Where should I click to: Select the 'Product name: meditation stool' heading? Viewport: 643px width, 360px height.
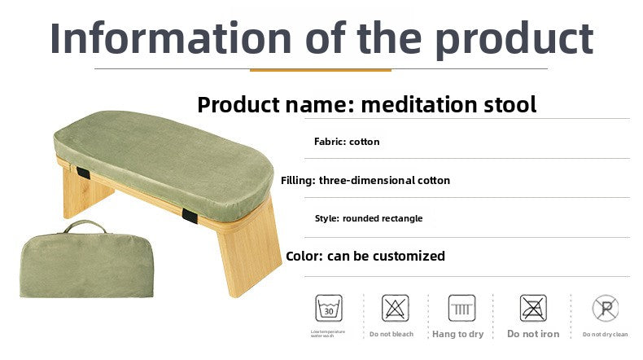click(x=366, y=104)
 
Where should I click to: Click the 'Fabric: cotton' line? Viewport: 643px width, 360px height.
click(x=347, y=142)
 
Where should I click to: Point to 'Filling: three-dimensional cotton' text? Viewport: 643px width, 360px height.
click(x=365, y=180)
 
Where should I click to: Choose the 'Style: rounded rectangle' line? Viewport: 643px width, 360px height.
click(x=368, y=218)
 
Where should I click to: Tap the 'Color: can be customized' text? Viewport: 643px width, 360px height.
click(x=365, y=256)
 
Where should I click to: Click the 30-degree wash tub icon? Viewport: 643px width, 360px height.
click(x=328, y=307)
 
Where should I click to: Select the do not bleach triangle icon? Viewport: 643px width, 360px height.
click(x=396, y=307)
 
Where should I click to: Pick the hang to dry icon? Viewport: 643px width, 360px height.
click(x=461, y=307)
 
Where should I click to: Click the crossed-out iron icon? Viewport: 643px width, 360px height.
click(x=533, y=307)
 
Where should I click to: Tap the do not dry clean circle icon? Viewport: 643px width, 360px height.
click(x=604, y=308)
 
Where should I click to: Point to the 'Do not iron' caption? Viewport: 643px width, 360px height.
click(x=533, y=334)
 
